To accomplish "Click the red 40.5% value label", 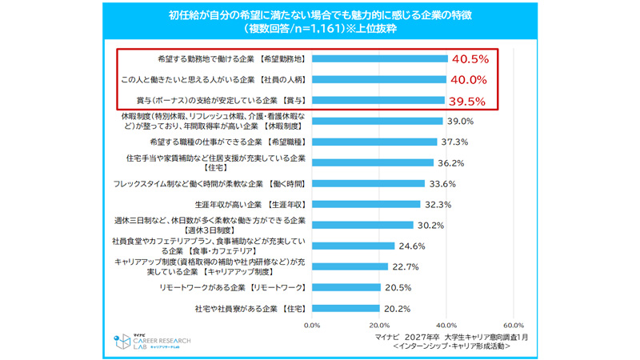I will (470, 58).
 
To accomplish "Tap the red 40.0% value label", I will (470, 79).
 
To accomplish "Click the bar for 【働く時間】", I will (369, 183).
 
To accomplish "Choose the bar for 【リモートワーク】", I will (346, 287).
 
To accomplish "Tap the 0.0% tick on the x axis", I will (313, 325).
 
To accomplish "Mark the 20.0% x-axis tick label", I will (380, 325).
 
